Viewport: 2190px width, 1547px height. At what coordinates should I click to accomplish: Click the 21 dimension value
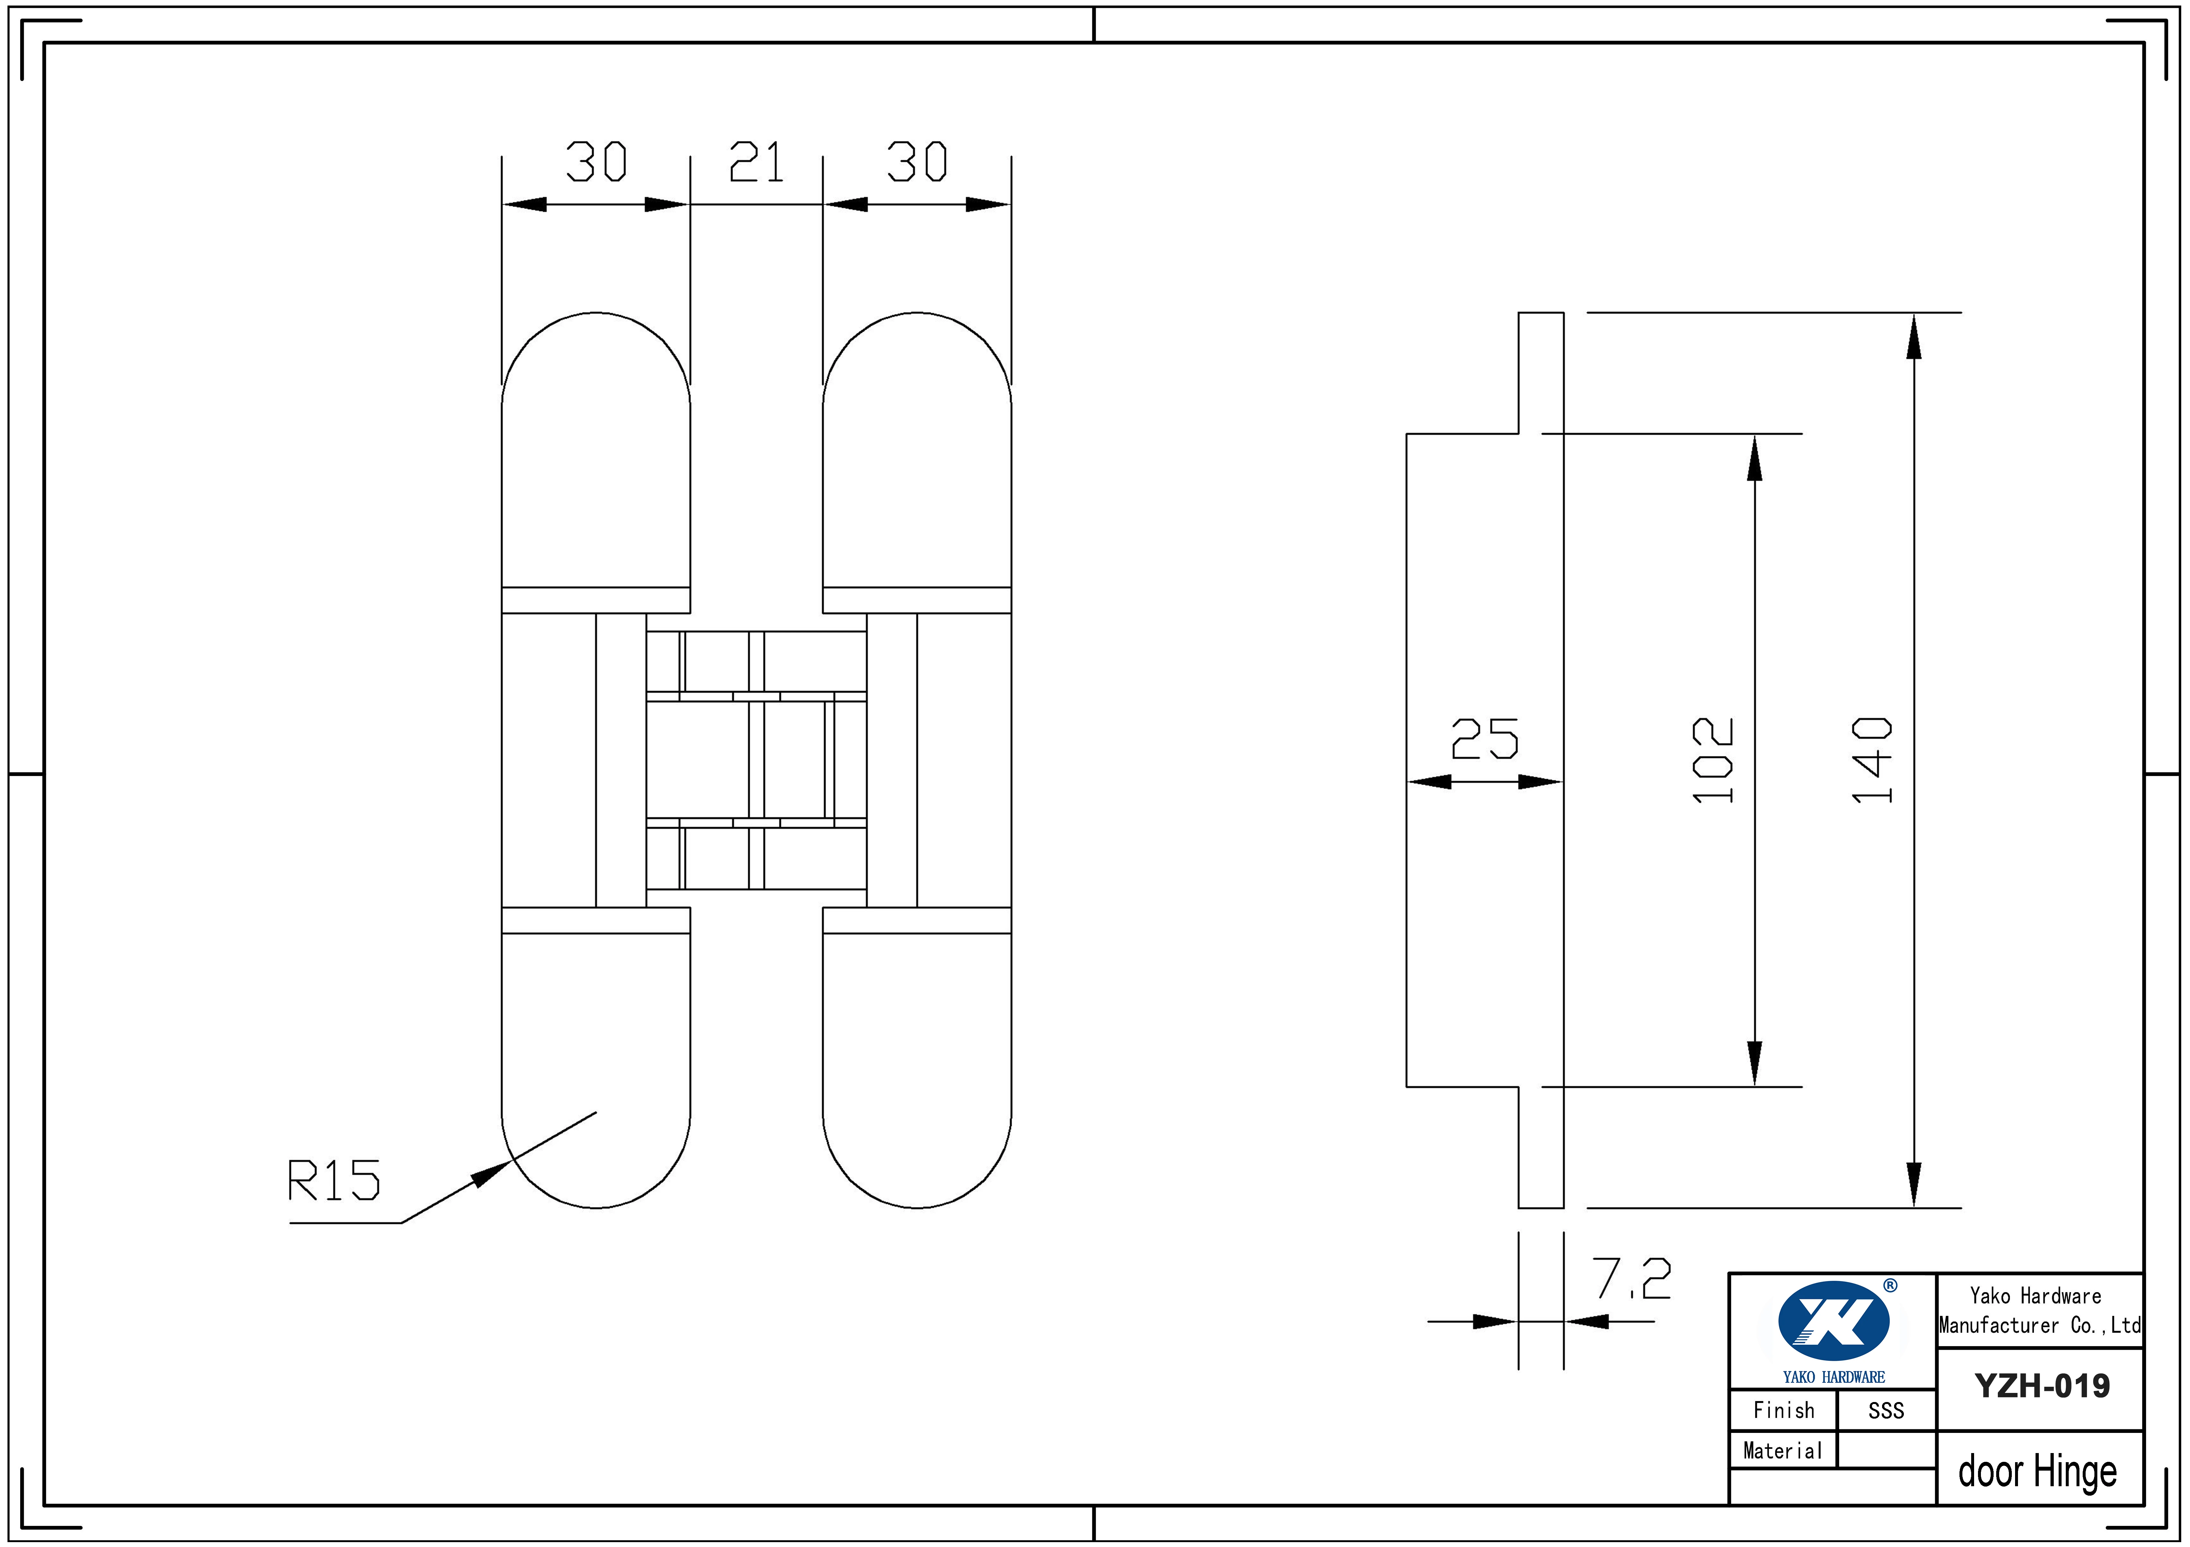(756, 162)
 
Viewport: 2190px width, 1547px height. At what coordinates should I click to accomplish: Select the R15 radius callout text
(334, 1181)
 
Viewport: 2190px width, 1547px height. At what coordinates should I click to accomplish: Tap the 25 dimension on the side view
(1484, 739)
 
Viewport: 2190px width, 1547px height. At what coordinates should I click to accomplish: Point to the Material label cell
(1783, 1451)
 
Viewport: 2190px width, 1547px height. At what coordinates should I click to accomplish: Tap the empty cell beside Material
(1886, 1451)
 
